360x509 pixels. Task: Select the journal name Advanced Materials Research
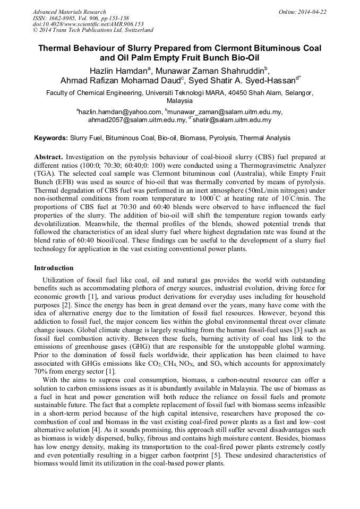point(69,12)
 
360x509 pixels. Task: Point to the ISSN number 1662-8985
point(65,18)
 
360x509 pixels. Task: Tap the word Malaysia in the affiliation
point(179,100)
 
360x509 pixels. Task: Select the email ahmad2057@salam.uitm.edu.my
point(137,120)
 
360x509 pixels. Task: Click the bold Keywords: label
point(51,138)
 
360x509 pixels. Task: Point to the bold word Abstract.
point(49,158)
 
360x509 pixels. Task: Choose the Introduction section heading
point(54,268)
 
